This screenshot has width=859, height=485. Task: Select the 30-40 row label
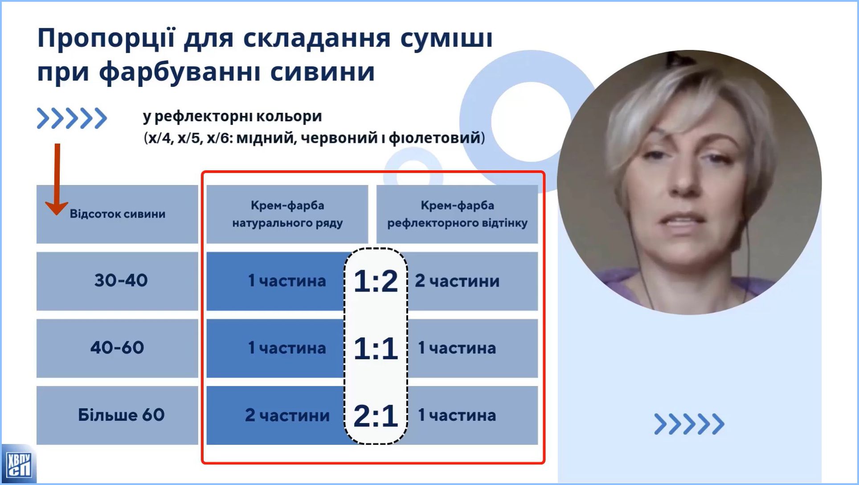point(121,280)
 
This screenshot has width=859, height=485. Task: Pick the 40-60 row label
point(117,348)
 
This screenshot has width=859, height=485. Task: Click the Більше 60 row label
point(121,415)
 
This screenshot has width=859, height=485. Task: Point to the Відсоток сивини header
point(118,214)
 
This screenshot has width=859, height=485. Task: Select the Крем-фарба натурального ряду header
point(287,214)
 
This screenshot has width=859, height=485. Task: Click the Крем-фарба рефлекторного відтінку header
point(457,214)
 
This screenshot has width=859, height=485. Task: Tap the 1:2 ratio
point(376,281)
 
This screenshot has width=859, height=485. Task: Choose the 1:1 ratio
point(376,348)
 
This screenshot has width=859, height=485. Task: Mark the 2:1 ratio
point(376,415)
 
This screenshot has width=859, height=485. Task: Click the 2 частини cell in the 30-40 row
point(457,281)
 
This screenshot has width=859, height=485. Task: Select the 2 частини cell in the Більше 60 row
point(287,415)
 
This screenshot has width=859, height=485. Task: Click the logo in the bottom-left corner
point(18,464)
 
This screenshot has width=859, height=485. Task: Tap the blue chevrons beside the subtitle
point(72,119)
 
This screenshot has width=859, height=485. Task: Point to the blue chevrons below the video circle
point(689,424)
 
